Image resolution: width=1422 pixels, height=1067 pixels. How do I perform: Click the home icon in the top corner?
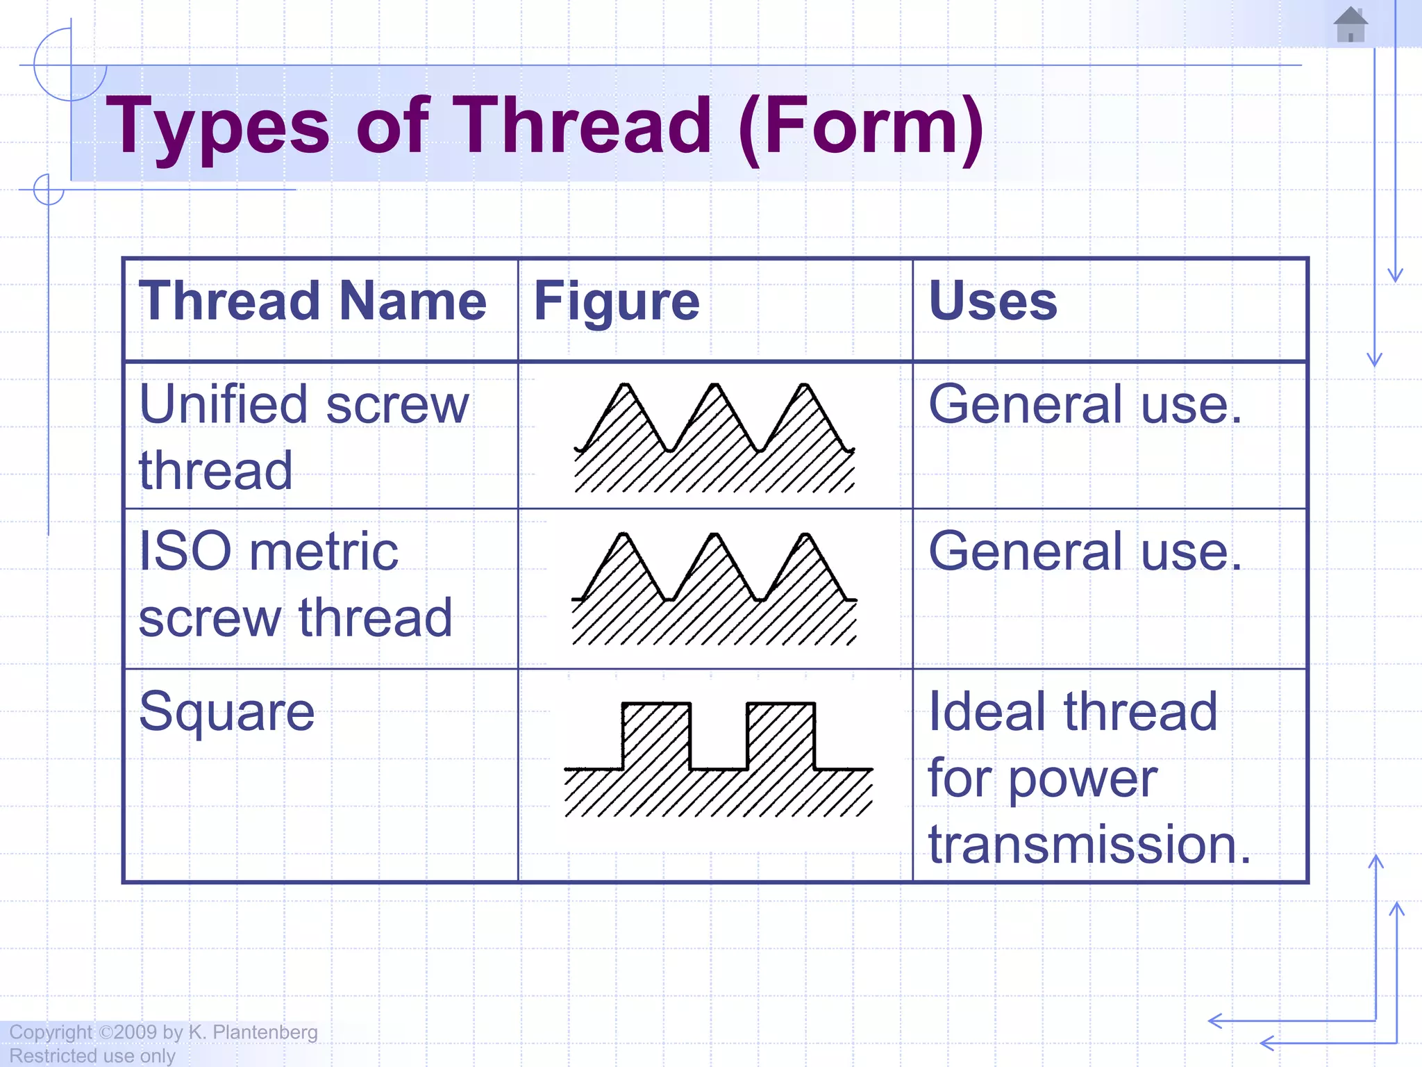1350,25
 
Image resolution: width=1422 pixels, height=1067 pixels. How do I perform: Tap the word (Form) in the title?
861,126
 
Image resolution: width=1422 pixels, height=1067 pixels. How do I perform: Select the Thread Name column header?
312,301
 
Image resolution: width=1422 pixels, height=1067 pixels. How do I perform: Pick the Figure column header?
617,301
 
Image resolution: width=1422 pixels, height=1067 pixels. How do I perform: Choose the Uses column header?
993,301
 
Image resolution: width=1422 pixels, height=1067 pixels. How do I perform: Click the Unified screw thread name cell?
303,436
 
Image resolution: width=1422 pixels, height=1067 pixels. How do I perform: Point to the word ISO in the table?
185,551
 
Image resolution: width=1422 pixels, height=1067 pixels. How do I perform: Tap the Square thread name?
226,711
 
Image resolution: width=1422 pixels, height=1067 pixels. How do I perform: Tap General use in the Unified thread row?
1085,404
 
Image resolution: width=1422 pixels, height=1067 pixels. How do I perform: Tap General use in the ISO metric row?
1085,552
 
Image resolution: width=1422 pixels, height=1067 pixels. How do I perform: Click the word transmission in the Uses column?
1089,844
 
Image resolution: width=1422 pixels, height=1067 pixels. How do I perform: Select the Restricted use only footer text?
92,1056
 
